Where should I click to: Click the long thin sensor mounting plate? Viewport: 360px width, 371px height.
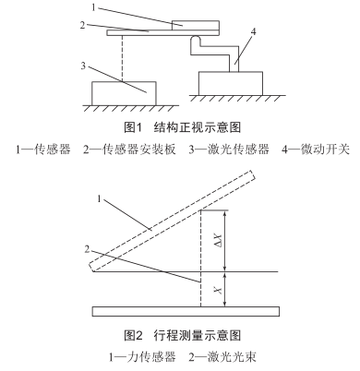coord(148,33)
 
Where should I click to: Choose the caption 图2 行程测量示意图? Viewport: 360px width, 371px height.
coord(179,335)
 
